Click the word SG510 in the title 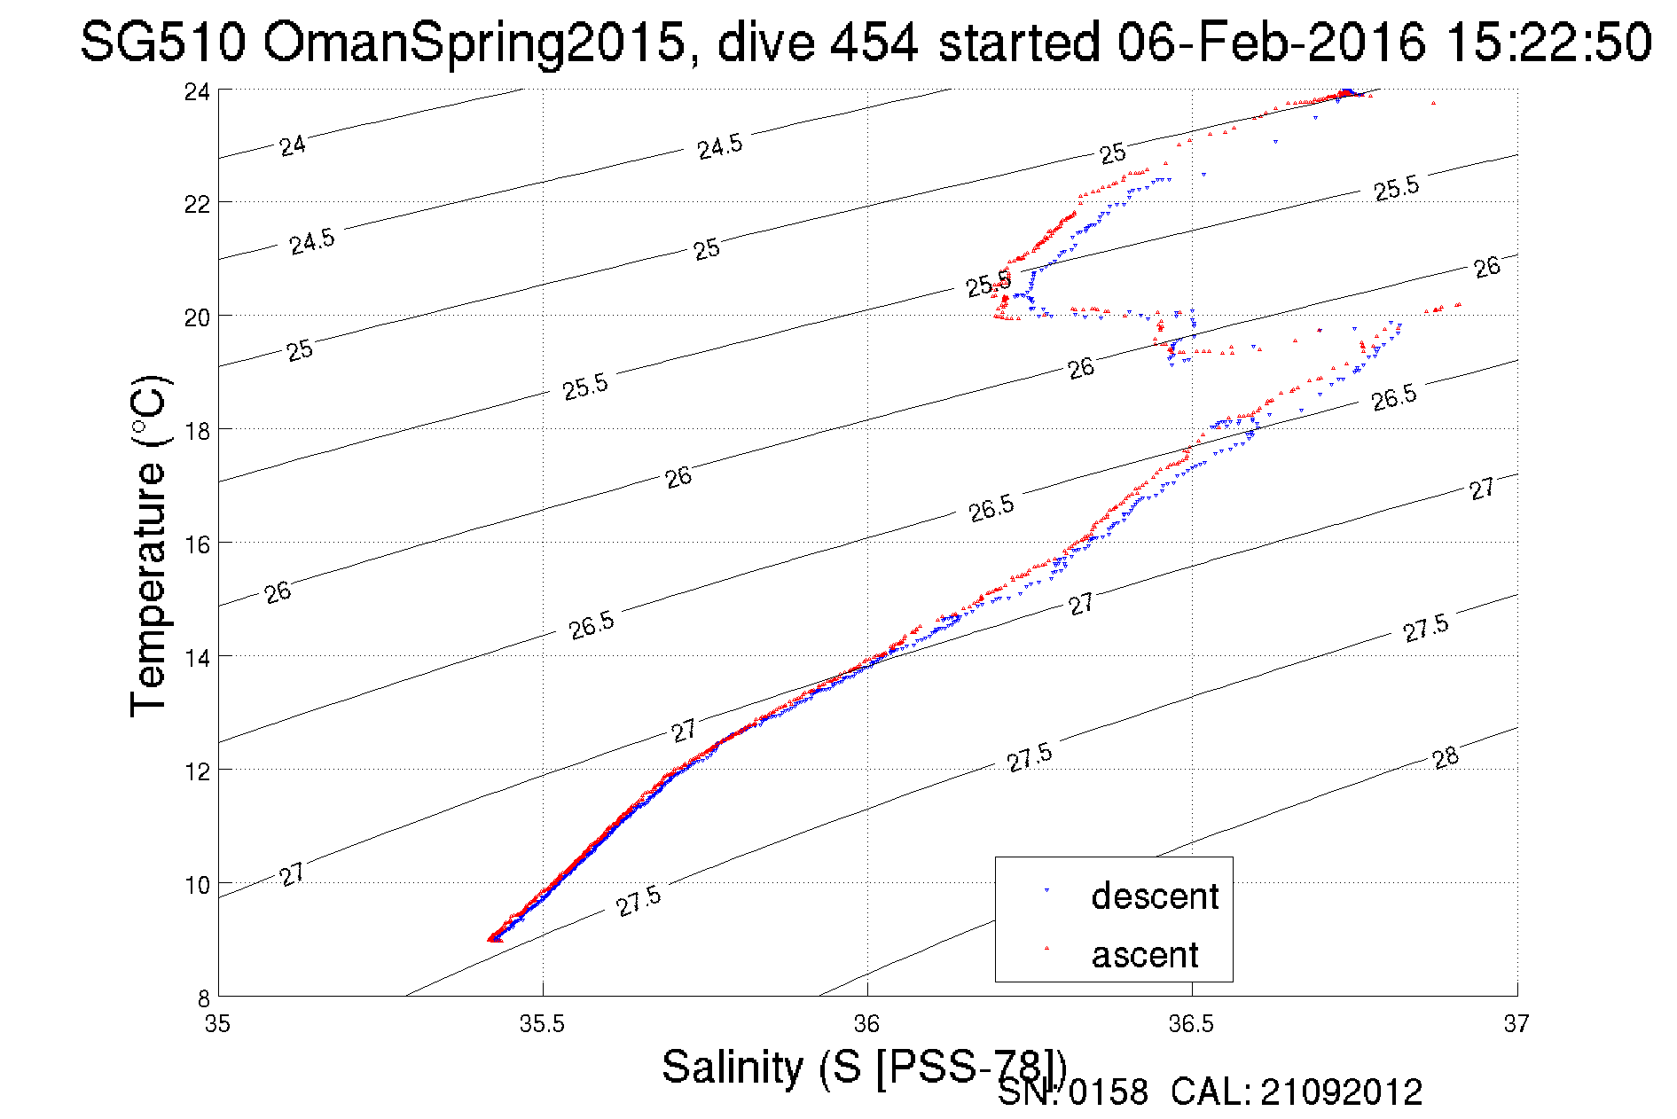click(x=162, y=43)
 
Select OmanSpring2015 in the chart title click(x=474, y=43)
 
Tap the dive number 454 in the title click(x=874, y=43)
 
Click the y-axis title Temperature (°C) click(x=148, y=546)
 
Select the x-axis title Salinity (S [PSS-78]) click(x=864, y=1066)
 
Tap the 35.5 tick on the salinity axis click(x=542, y=1024)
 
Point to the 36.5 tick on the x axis click(x=1191, y=1024)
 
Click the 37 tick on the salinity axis click(x=1516, y=1024)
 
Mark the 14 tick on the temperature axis click(x=198, y=657)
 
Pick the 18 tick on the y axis click(x=198, y=431)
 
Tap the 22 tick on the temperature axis click(x=198, y=204)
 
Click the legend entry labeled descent click(x=1155, y=896)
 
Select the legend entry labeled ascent click(x=1144, y=955)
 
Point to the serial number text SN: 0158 click(x=1072, y=1092)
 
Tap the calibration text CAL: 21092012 click(x=1297, y=1092)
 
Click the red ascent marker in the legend click(x=1047, y=948)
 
